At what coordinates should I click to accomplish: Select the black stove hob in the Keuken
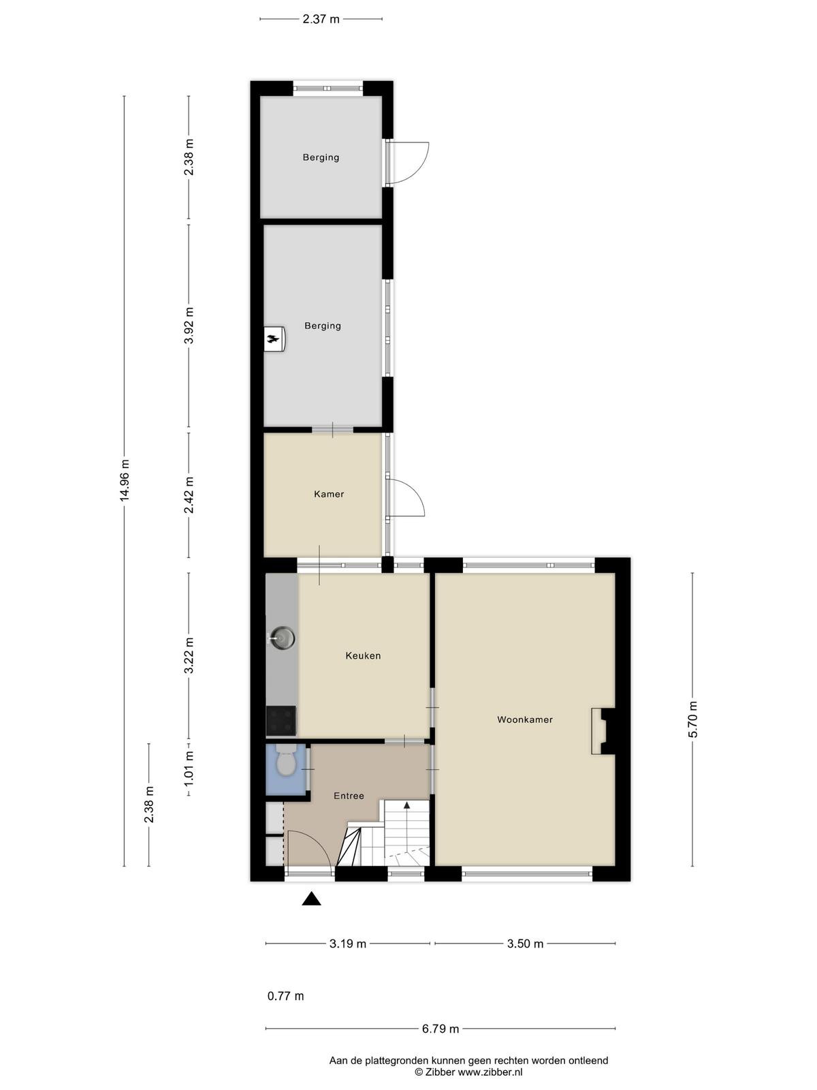[281, 721]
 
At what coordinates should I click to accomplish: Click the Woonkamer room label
[525, 719]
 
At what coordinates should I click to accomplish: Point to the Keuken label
[363, 655]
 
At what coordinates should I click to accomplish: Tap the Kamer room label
[329, 494]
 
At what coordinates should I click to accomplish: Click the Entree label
[349, 796]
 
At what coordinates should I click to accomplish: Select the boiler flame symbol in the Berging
[273, 339]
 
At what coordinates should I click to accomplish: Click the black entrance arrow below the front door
[312, 899]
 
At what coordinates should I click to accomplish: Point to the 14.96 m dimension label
[125, 480]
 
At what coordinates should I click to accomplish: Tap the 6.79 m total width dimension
[440, 1029]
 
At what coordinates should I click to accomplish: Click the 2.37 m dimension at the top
[321, 19]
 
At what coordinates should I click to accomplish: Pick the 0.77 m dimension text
[286, 996]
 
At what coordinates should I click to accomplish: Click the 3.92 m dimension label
[189, 325]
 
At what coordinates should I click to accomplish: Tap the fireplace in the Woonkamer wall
[603, 732]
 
